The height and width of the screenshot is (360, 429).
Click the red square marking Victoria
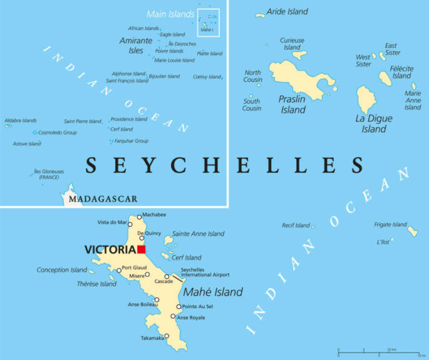pos(142,249)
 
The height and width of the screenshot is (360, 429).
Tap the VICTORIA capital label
pos(110,250)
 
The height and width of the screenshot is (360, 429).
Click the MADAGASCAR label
pos(103,199)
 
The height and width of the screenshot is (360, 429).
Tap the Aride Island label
pos(287,12)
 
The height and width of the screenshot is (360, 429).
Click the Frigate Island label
pos(391,225)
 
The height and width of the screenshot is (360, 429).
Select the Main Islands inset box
pos(208,23)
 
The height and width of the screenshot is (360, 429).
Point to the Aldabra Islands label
pos(21,121)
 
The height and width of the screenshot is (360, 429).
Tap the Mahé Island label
pos(212,292)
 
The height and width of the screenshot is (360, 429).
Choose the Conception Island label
pos(61,270)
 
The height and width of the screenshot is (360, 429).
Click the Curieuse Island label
pos(292,44)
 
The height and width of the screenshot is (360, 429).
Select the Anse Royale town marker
pos(173,316)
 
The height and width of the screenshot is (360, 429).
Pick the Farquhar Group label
pos(131,141)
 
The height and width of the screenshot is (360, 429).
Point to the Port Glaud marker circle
pos(119,271)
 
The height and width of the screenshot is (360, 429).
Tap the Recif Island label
pos(296,225)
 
